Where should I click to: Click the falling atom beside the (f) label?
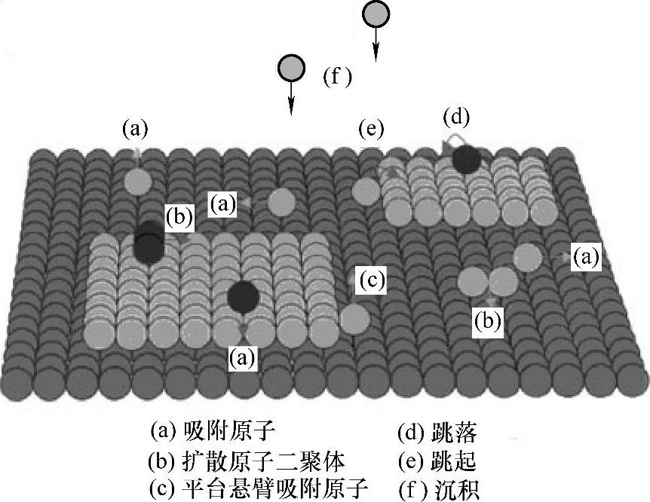(291, 68)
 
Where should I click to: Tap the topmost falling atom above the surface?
(376, 14)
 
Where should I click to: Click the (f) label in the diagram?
(337, 76)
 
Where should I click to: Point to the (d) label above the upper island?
(456, 118)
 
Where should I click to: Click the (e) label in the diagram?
(371, 129)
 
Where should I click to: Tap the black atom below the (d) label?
(466, 158)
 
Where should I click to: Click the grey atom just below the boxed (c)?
(354, 319)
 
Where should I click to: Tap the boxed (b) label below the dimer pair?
(487, 321)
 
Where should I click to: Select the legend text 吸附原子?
(231, 431)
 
